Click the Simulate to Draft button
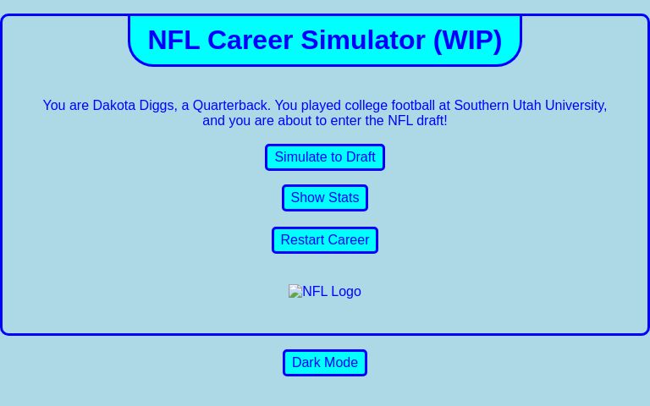pyautogui.click(x=325, y=157)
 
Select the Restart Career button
pyautogui.click(x=325, y=240)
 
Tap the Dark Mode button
pyautogui.click(x=325, y=363)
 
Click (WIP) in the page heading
pyautogui.click(x=467, y=40)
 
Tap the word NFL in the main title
pyautogui.click(x=174, y=40)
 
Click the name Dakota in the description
pyautogui.click(x=114, y=106)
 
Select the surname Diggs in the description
pyautogui.click(x=157, y=106)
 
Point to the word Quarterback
pyautogui.click(x=230, y=106)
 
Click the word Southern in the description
pyautogui.click(x=482, y=106)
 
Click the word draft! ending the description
pyautogui.click(x=431, y=121)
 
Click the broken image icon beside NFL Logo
pyautogui.click(x=295, y=292)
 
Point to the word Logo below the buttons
pyautogui.click(x=346, y=292)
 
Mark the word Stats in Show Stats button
pyautogui.click(x=343, y=198)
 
